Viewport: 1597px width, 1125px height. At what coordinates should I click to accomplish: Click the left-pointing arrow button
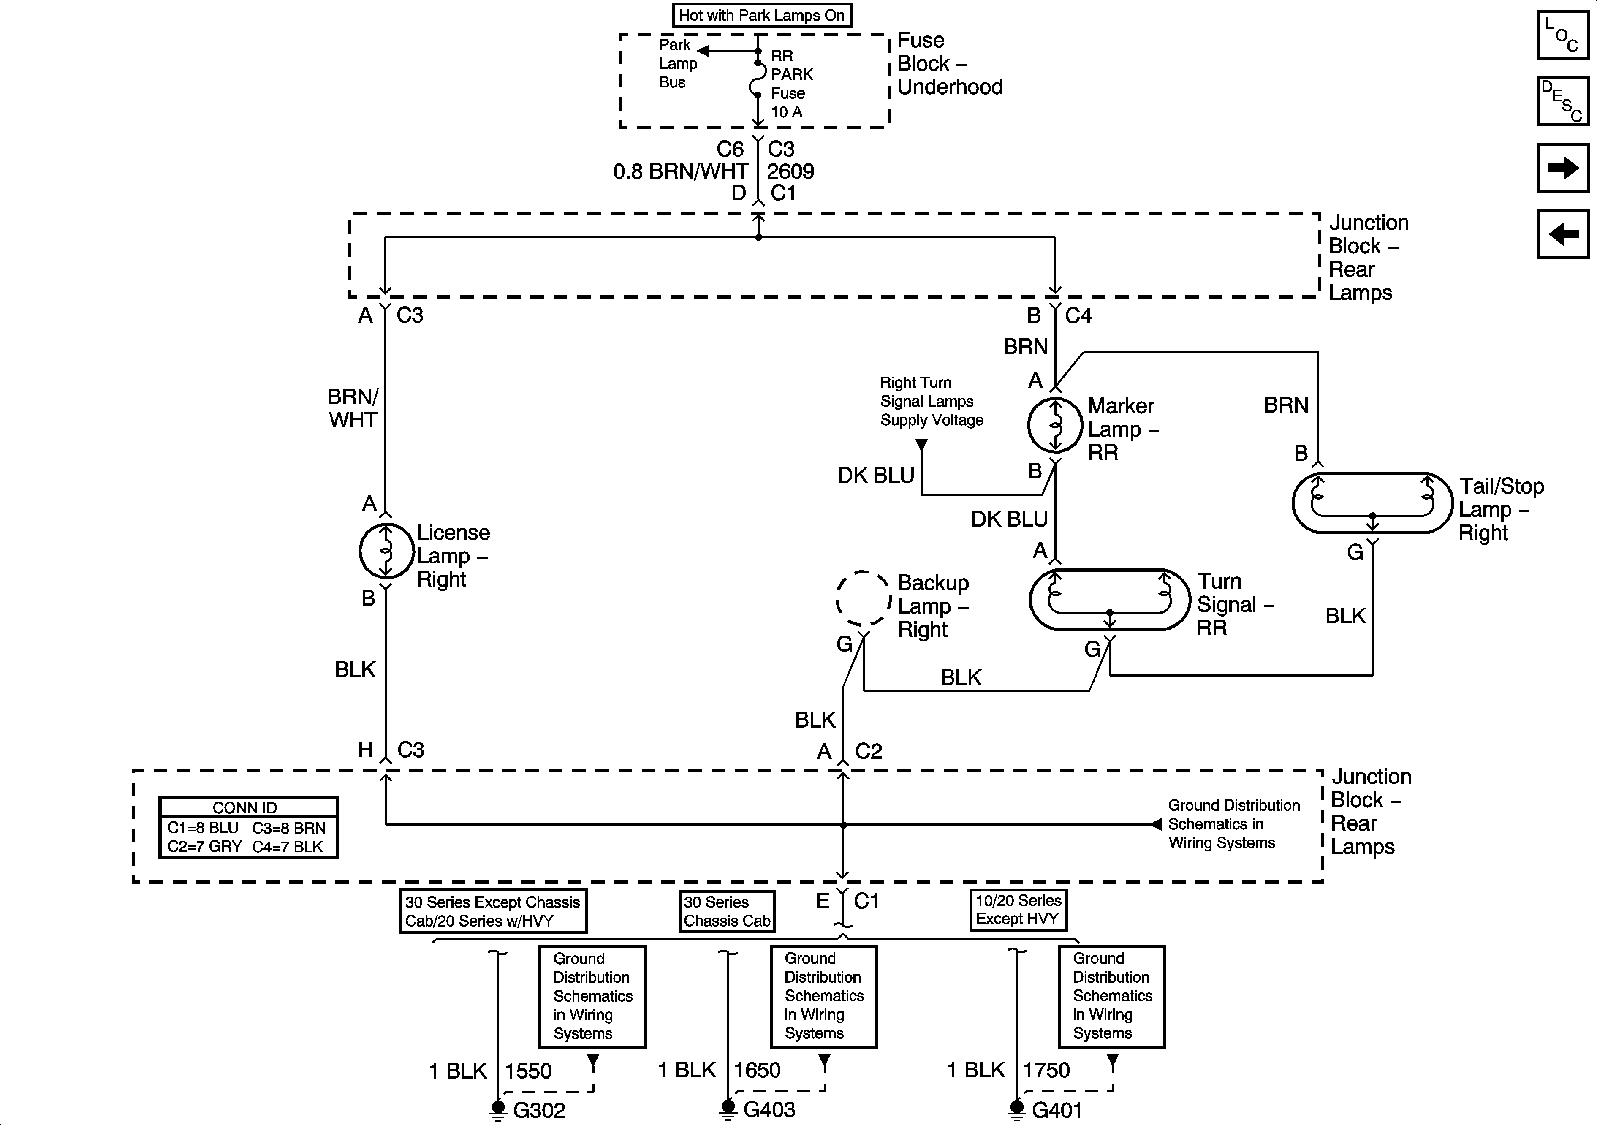[x=1563, y=234]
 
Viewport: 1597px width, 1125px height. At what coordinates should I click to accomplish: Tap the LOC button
[x=1563, y=34]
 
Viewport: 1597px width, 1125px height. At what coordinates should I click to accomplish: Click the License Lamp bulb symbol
[x=386, y=551]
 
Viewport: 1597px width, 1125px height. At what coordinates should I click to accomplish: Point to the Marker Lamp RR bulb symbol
[x=1055, y=424]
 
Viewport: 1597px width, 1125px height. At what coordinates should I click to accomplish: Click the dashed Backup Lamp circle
[x=863, y=599]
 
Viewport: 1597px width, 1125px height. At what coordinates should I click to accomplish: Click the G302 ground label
[x=539, y=1110]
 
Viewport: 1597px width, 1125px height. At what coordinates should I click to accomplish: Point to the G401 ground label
[x=1057, y=1110]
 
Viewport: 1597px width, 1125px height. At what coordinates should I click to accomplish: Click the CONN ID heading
[x=245, y=808]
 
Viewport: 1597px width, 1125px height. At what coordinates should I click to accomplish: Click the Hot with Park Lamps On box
[x=762, y=15]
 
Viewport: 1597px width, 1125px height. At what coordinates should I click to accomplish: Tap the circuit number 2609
[x=790, y=171]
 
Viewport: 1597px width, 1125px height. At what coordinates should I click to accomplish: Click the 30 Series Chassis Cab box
[x=727, y=911]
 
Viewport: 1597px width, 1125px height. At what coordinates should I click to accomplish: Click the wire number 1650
[x=758, y=1070]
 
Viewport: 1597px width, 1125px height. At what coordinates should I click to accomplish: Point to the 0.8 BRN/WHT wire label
[x=680, y=171]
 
